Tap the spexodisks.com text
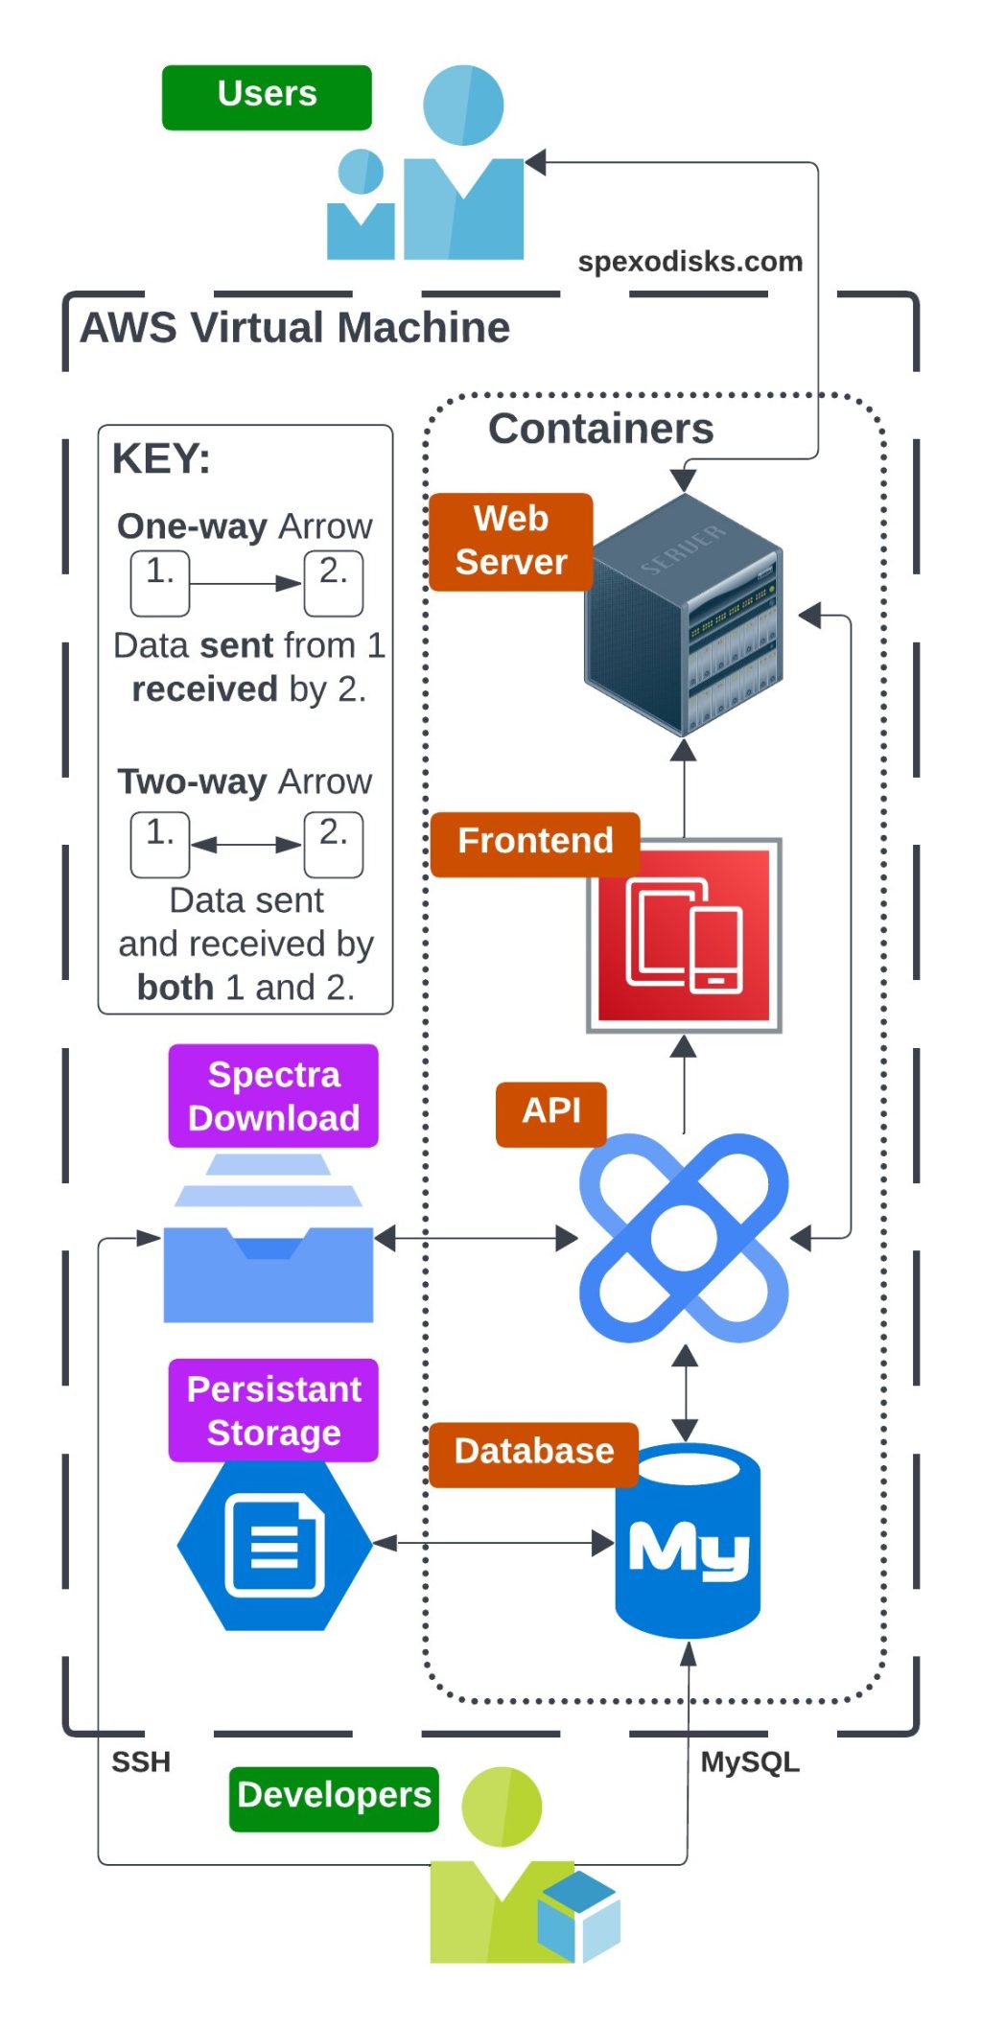tap(690, 261)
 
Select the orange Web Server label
tap(510, 542)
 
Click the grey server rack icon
tap(684, 614)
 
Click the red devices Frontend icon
tap(684, 935)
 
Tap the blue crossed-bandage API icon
tap(684, 1238)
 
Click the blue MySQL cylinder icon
tap(688, 1541)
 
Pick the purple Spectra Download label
tap(273, 1096)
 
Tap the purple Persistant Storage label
tap(273, 1411)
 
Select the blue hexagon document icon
tap(274, 1545)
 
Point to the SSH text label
tap(141, 1761)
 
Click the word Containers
tap(600, 429)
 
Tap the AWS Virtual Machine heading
tap(294, 328)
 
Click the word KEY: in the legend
tap(161, 458)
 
